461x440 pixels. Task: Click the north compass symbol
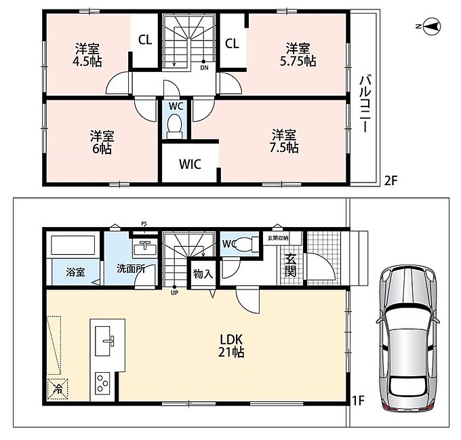(430, 26)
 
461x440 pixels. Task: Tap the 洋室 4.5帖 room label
(87, 55)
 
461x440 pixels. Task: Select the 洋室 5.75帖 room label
(298, 54)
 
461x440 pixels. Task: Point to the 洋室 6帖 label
(102, 142)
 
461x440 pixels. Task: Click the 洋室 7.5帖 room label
(284, 141)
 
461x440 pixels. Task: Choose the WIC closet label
(190, 164)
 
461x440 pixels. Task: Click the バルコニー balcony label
(365, 104)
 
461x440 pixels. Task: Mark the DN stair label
(204, 68)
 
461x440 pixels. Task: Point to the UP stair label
(174, 293)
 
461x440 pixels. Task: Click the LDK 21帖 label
(231, 346)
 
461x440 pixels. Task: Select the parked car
(407, 338)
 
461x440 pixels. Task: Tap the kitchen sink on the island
(105, 340)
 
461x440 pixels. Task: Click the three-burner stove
(102, 383)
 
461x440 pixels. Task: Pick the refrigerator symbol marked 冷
(58, 389)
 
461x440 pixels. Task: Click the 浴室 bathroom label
(75, 272)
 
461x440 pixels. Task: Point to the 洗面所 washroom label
(131, 268)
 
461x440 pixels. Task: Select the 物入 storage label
(203, 274)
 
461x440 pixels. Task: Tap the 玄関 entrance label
(290, 264)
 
